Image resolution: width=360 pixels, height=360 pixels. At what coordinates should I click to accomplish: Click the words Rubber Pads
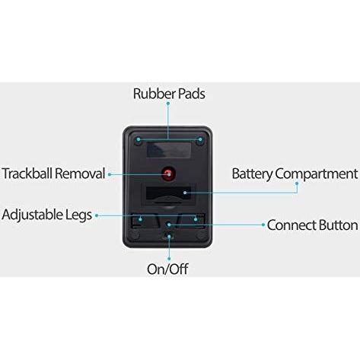169,94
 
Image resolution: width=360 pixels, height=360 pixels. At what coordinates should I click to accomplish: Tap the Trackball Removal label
53,174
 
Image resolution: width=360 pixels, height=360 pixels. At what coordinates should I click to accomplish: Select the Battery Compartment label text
294,174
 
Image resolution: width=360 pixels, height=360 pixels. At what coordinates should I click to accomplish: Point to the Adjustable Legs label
46,215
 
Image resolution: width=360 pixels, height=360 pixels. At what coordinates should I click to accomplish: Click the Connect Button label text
311,225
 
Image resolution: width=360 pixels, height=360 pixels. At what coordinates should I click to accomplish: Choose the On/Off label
168,268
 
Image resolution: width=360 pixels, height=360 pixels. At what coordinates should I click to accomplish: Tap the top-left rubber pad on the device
138,140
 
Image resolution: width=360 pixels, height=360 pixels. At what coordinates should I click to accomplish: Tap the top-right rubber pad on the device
199,140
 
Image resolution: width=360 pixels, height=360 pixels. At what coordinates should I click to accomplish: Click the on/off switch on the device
168,237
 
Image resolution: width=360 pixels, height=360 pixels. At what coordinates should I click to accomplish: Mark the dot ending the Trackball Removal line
112,174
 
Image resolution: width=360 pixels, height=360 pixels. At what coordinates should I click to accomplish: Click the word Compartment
315,174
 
